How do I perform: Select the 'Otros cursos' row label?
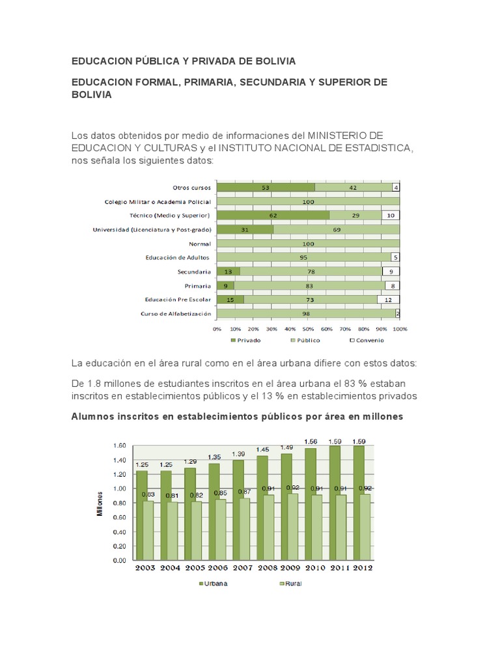click(x=191, y=188)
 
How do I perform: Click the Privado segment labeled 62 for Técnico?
click(x=273, y=215)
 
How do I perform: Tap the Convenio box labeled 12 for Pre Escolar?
click(x=389, y=300)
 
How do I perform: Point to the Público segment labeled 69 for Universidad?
click(x=337, y=229)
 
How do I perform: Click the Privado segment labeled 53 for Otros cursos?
click(x=266, y=188)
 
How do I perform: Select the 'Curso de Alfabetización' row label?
click(x=176, y=313)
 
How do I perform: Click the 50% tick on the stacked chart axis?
click(x=308, y=329)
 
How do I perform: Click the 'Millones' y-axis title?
click(x=100, y=503)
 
